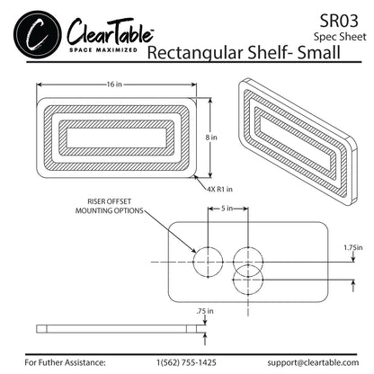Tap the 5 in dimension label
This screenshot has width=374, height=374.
pyautogui.click(x=227, y=209)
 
